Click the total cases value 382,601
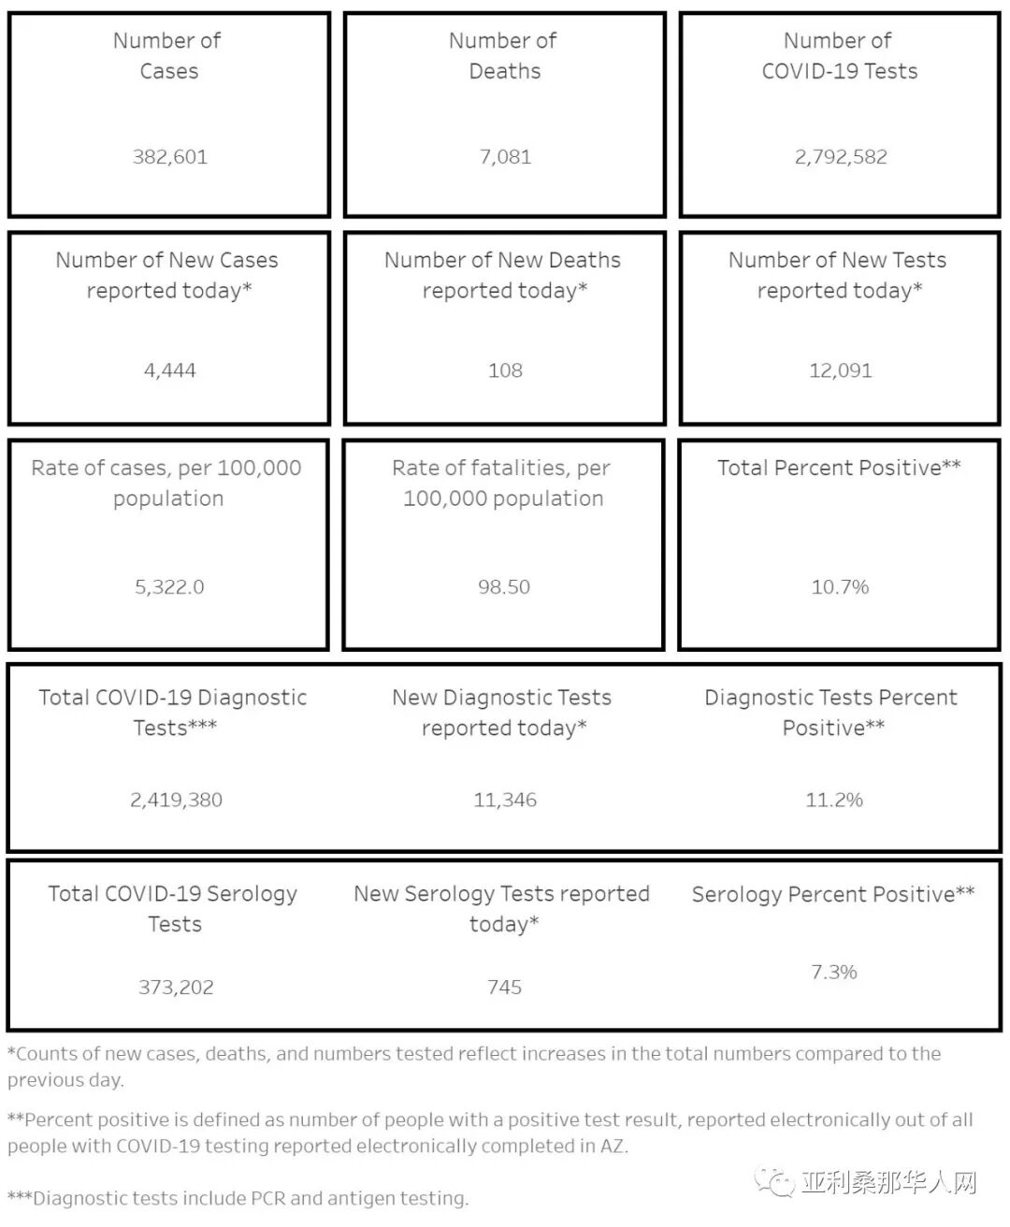click(x=169, y=157)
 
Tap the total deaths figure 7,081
click(x=505, y=157)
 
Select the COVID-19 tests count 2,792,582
click(x=841, y=157)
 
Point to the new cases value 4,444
click(x=169, y=370)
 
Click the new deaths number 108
click(x=505, y=370)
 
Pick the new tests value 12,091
click(x=841, y=370)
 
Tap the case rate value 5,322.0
click(x=169, y=587)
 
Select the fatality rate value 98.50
click(x=504, y=587)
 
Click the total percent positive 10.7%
click(x=840, y=587)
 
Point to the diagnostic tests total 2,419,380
click(x=176, y=801)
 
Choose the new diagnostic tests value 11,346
click(x=505, y=801)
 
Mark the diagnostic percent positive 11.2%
click(x=834, y=801)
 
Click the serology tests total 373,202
click(x=176, y=988)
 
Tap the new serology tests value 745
click(x=504, y=988)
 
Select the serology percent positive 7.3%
click(x=834, y=973)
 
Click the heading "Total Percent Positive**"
click(x=839, y=468)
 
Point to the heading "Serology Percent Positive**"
click(x=833, y=894)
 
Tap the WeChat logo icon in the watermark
click(x=775, y=1182)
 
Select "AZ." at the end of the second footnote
click(x=613, y=1147)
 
